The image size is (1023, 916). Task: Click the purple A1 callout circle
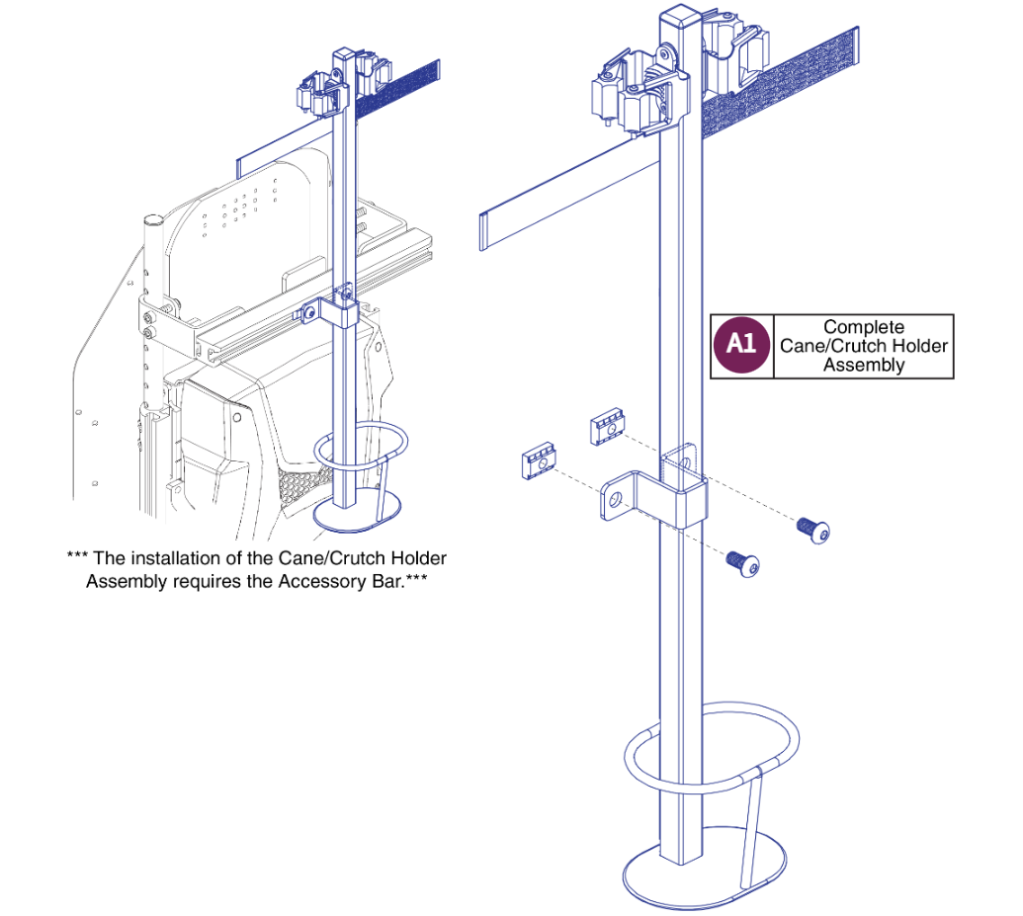(x=741, y=346)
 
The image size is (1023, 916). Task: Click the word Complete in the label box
(x=863, y=327)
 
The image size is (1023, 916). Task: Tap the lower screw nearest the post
(x=742, y=563)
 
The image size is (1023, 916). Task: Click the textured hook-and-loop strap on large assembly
(x=781, y=90)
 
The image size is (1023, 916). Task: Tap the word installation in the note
(x=176, y=559)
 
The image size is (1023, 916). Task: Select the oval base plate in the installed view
(x=357, y=511)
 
